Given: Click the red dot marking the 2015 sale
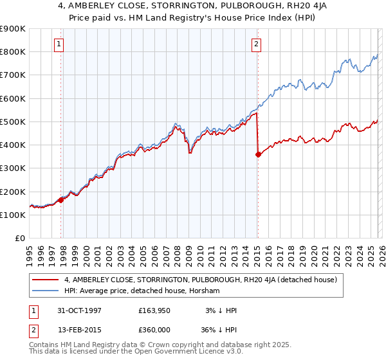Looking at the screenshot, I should pos(258,154).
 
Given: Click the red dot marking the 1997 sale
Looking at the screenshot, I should pos(61,200).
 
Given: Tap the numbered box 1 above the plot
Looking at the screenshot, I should pos(59,44).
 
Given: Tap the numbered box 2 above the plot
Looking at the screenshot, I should pos(256,44).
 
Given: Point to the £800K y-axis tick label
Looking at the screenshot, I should pos(12,52).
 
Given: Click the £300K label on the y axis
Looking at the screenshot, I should pos(12,168).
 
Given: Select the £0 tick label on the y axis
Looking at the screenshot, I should pos(19,239).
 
